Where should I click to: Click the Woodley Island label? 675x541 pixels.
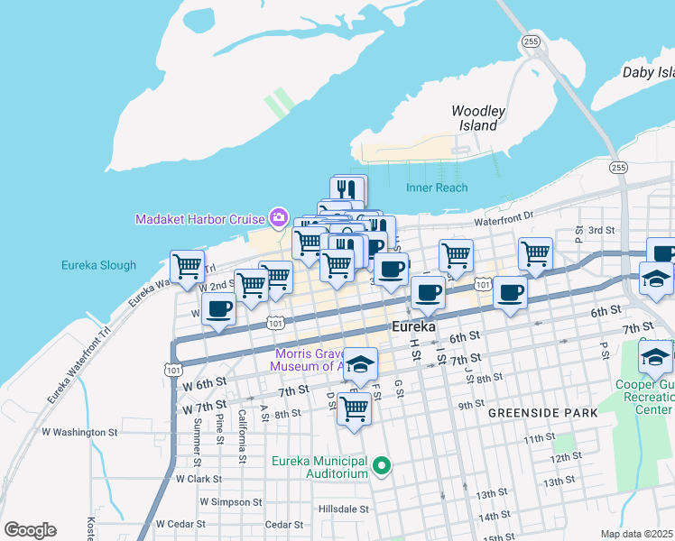[x=477, y=118]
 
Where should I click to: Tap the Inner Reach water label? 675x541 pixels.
[x=437, y=188]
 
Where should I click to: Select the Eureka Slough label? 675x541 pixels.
[x=98, y=265]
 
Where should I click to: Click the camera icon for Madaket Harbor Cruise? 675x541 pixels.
[x=279, y=218]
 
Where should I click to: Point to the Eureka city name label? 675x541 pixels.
[x=414, y=326]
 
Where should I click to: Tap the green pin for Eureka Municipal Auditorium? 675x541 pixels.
[x=382, y=466]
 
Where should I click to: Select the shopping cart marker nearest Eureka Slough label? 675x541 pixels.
[x=187, y=267]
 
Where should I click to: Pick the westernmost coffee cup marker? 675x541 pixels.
[x=218, y=309]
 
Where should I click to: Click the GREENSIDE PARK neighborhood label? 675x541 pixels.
[x=543, y=412]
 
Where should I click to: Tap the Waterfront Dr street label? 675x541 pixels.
[x=504, y=215]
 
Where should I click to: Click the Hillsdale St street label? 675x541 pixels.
[x=344, y=509]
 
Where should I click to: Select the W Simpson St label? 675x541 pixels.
[x=230, y=501]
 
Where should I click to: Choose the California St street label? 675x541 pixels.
[x=242, y=436]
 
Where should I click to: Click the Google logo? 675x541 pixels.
[x=30, y=530]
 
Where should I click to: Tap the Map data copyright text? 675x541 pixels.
[x=636, y=534]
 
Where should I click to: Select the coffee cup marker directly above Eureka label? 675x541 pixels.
[x=428, y=293]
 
